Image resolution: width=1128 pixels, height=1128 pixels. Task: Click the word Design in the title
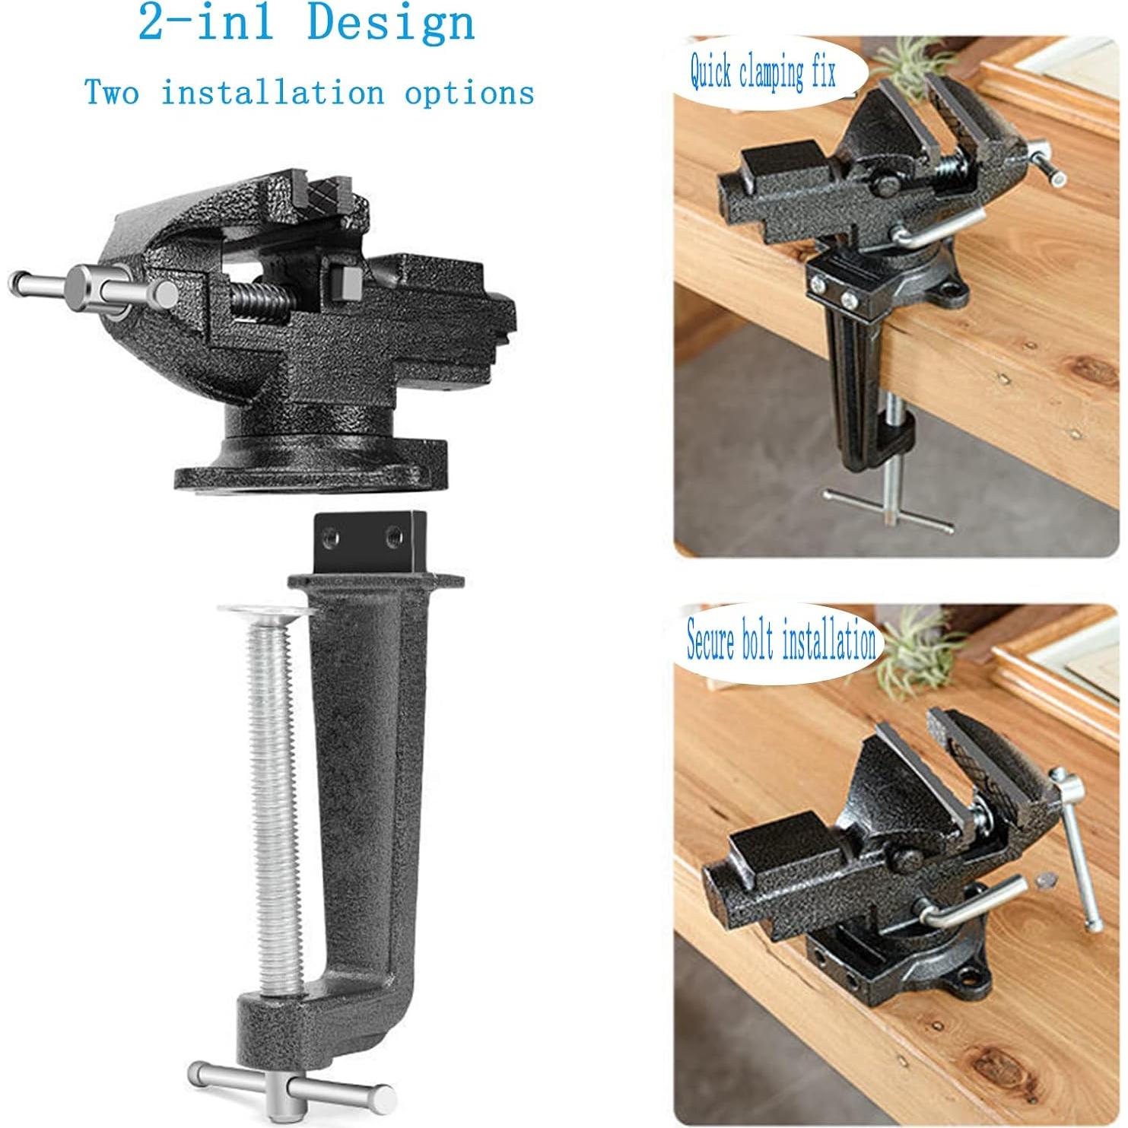(391, 23)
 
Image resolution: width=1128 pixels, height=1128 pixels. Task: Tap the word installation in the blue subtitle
(272, 93)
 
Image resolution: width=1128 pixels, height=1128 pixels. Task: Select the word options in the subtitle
(469, 94)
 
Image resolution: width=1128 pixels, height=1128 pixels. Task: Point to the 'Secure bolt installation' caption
(780, 641)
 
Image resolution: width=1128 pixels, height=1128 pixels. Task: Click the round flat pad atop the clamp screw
(268, 611)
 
